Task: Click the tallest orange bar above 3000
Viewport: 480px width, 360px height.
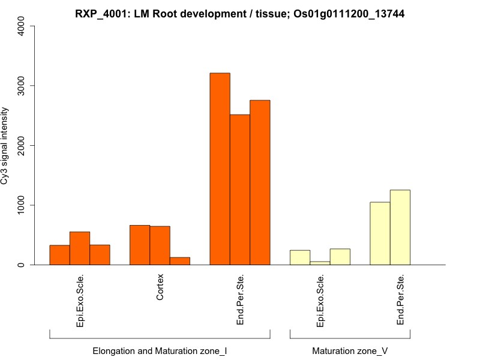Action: click(x=220, y=169)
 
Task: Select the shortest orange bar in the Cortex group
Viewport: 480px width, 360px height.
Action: click(x=180, y=261)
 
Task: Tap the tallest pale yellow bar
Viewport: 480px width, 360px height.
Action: click(x=400, y=227)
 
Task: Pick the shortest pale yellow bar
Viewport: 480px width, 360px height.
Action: click(x=320, y=263)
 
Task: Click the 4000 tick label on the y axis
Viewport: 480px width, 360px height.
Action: click(x=20, y=26)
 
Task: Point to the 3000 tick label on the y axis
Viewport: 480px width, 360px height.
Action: click(x=20, y=86)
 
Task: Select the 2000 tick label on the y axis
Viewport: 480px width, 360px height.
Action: click(x=20, y=145)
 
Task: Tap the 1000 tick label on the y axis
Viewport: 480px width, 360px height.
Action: click(x=20, y=205)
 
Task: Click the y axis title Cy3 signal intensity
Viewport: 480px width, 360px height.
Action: click(x=7, y=145)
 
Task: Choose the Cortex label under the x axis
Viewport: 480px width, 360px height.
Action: click(x=160, y=288)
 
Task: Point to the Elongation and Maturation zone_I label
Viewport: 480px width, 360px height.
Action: click(x=160, y=350)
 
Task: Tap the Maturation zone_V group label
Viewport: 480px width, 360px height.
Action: click(x=350, y=350)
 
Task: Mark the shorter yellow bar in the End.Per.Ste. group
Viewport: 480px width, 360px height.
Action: click(x=380, y=233)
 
